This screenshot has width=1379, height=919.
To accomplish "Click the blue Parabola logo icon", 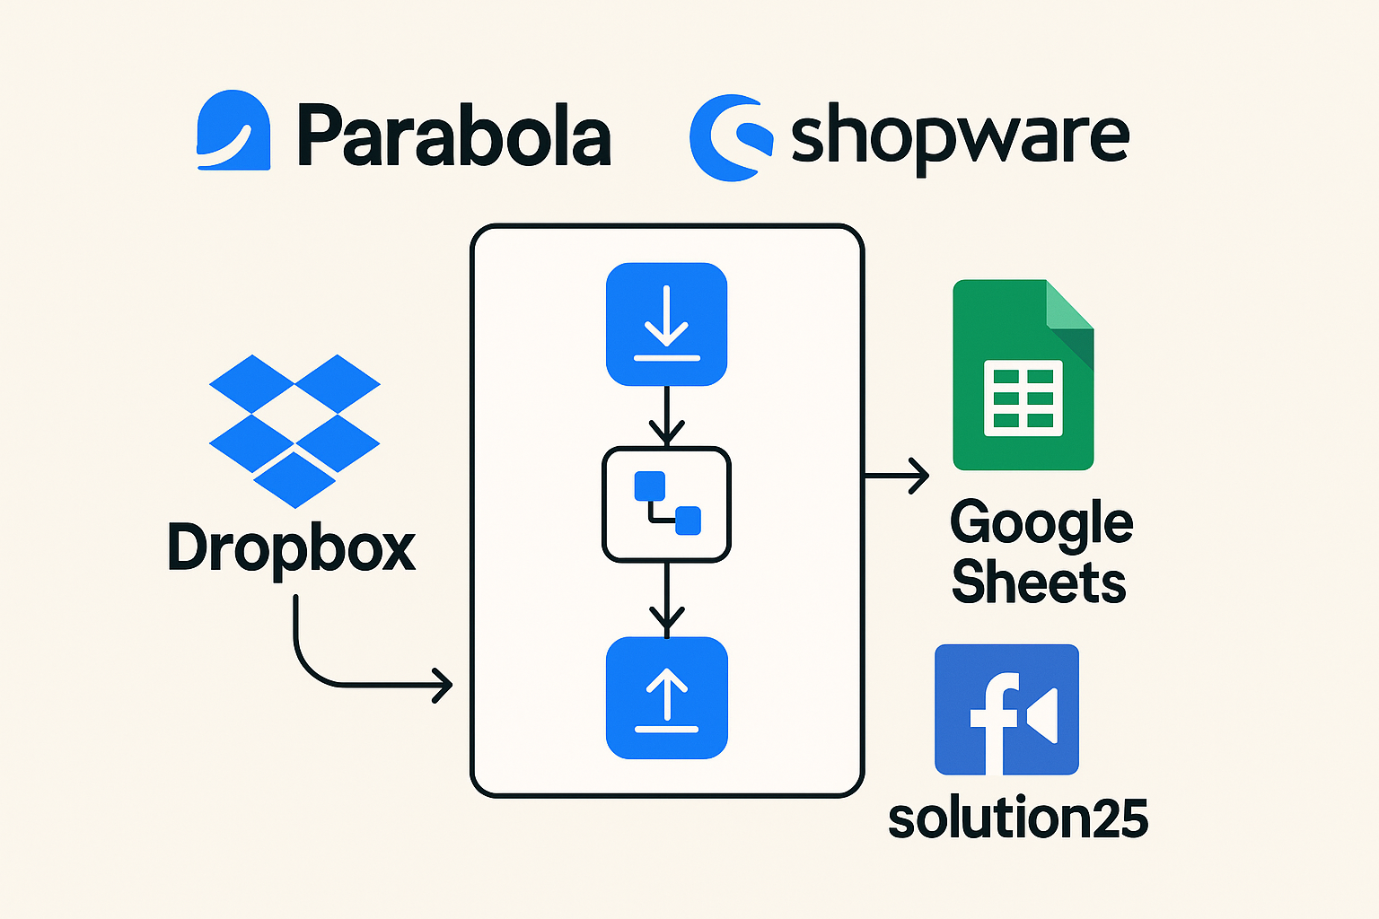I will [233, 130].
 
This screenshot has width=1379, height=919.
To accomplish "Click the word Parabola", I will [453, 136].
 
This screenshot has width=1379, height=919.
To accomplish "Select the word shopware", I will [959, 137].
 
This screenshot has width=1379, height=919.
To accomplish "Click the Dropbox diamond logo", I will [294, 430].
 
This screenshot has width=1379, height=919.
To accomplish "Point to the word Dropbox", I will [292, 547].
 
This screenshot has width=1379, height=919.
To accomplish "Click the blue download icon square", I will [666, 324].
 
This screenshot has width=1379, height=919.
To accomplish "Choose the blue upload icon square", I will [666, 698].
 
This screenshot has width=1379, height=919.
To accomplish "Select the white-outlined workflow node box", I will [666, 504].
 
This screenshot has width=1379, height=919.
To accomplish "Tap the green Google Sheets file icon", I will [1023, 375].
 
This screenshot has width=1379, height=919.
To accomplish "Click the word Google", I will [1041, 522].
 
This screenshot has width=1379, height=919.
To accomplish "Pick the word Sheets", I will [1039, 582].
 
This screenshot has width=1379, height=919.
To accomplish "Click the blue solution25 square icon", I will [1006, 709].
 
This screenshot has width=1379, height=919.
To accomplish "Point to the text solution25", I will [1018, 818].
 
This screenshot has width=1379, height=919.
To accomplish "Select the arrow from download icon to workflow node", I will [666, 416].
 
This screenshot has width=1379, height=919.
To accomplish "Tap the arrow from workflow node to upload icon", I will [666, 600].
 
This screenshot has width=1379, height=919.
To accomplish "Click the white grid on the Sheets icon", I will [1023, 398].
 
